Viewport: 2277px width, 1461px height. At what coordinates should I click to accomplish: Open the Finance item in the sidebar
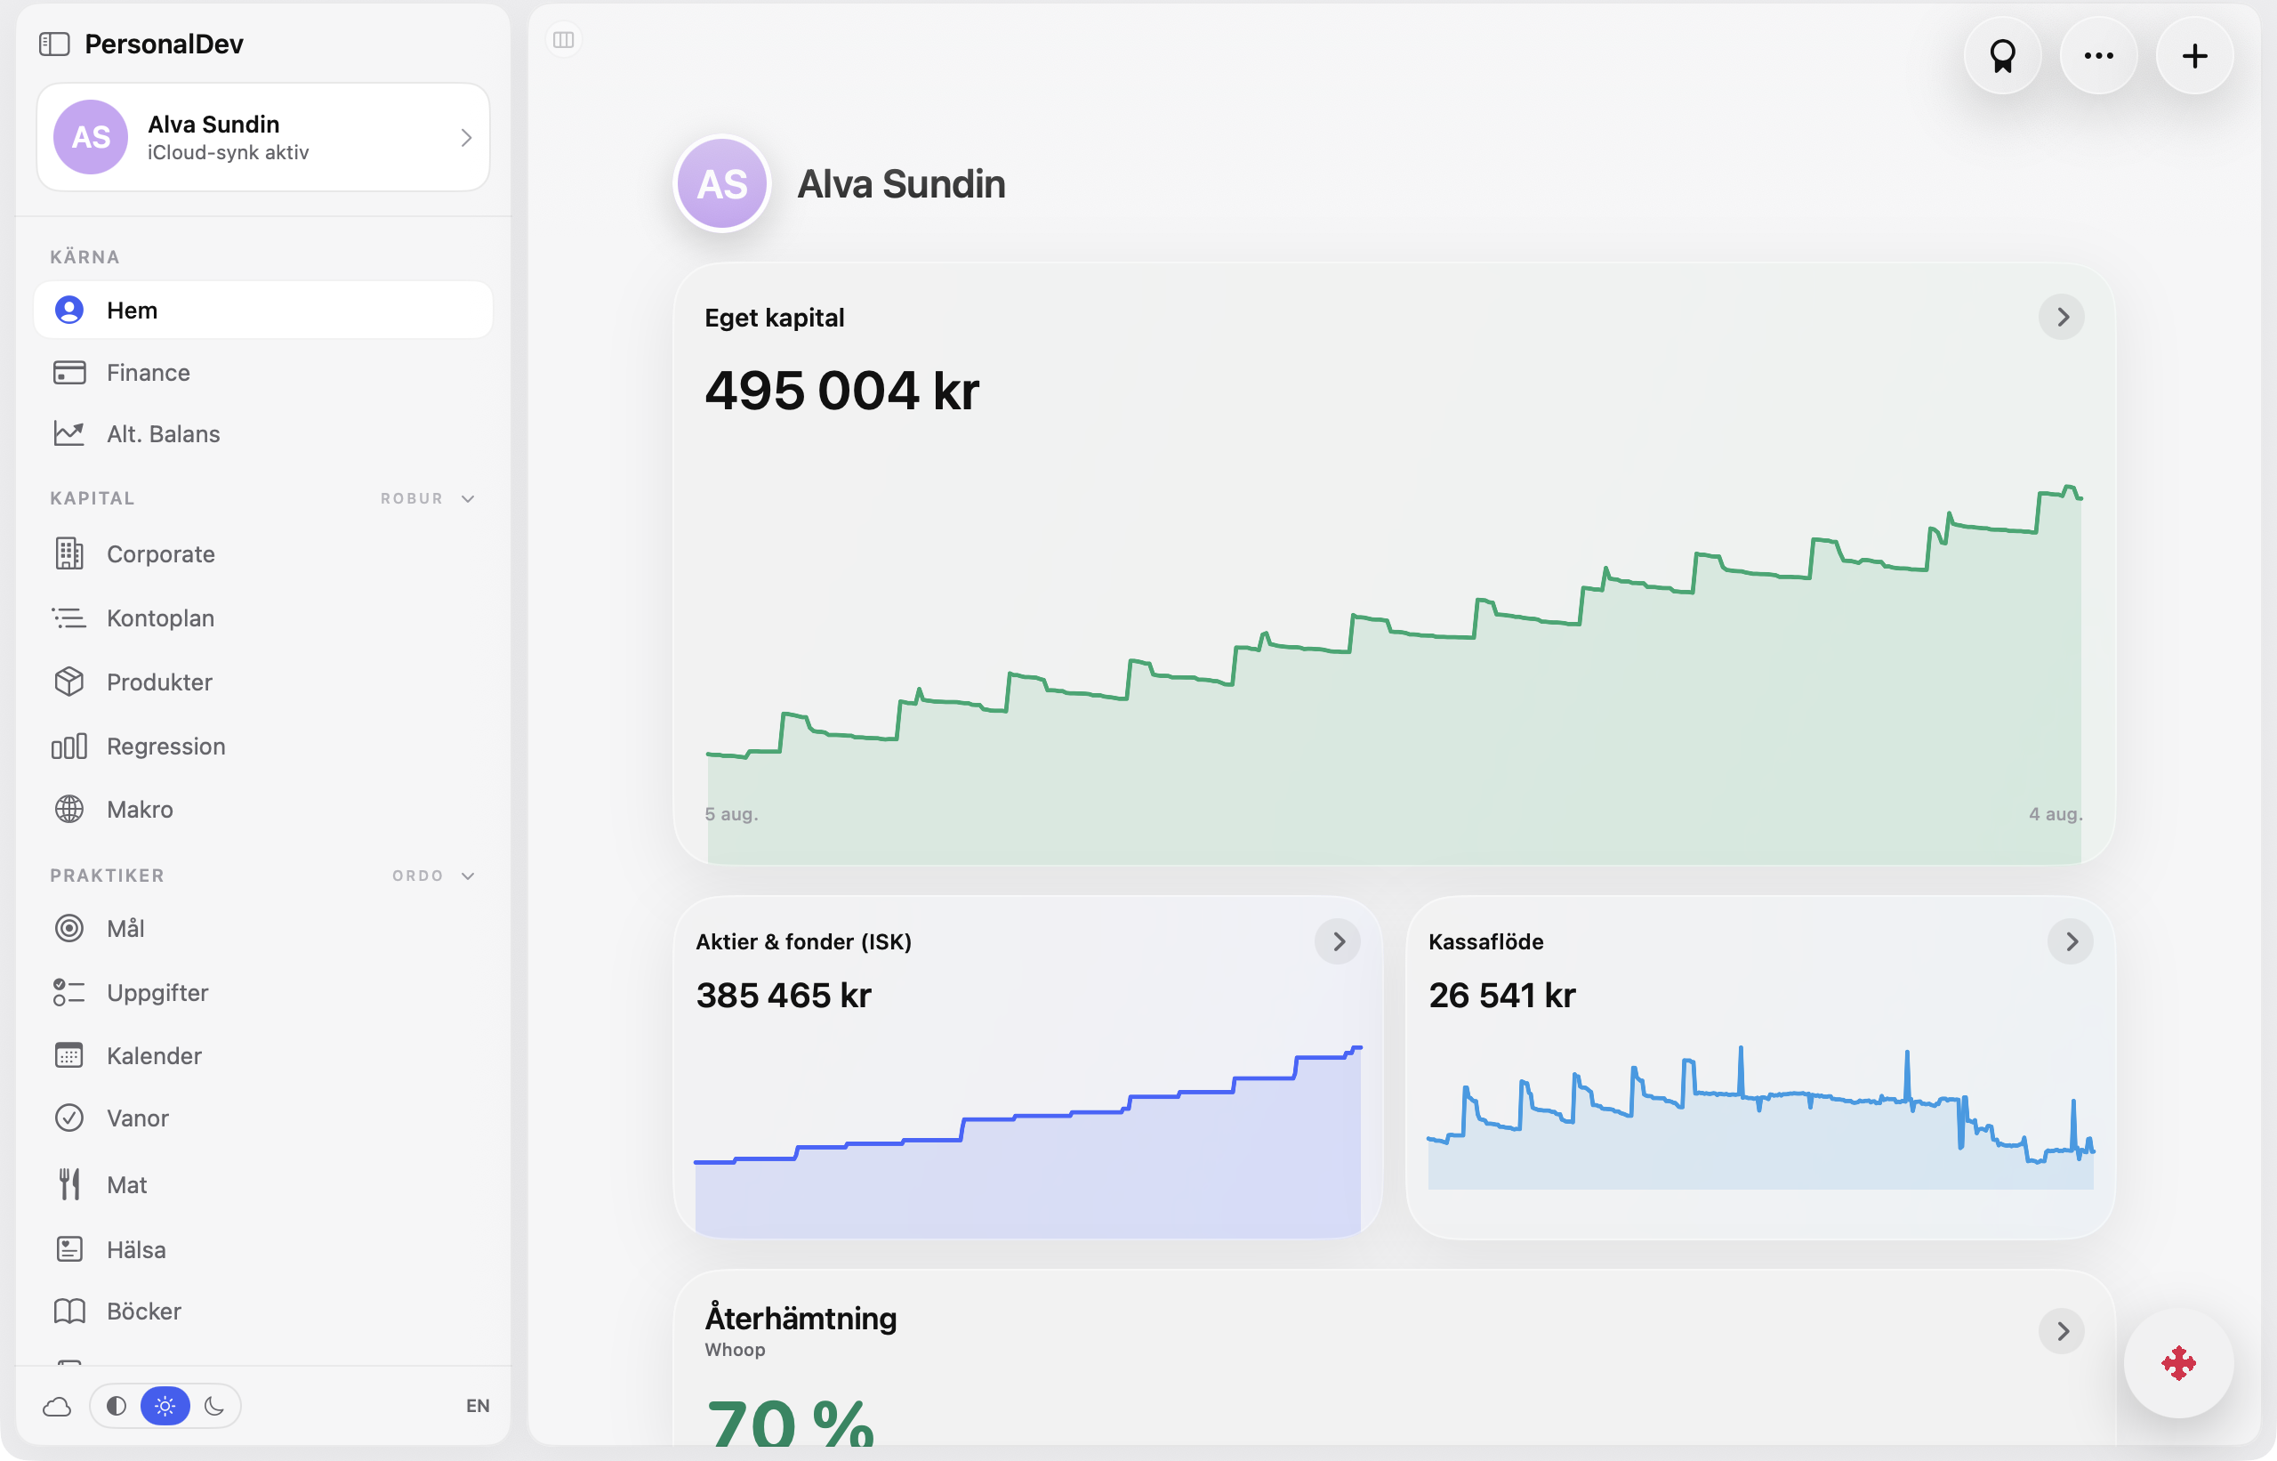[148, 373]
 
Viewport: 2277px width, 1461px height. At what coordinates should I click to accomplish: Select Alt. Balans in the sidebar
[163, 433]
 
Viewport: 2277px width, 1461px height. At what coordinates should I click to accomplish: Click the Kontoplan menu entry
[160, 618]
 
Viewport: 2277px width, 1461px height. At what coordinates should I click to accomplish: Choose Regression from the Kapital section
[166, 747]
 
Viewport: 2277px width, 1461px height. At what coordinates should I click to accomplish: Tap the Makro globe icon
[69, 809]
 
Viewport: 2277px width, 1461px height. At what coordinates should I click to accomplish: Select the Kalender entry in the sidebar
[154, 1056]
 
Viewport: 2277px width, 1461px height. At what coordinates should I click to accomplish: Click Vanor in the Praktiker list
[138, 1118]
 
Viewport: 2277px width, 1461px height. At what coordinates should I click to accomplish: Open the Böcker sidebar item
[143, 1312]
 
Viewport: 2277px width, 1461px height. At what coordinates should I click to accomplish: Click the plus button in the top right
[2194, 56]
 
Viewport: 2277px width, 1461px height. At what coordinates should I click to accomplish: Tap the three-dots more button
[2099, 56]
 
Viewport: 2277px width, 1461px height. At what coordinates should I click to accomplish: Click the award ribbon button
[2003, 56]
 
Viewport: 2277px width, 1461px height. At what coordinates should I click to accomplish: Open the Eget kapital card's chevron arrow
[2062, 317]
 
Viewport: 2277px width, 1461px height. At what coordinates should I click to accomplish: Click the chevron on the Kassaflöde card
[2072, 941]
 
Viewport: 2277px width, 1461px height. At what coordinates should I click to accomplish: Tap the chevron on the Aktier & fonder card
[1338, 941]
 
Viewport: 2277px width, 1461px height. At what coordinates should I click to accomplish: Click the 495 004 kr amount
[841, 391]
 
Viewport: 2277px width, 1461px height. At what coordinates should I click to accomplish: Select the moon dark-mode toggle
[214, 1406]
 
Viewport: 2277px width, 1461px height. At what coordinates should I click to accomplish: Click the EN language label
[478, 1406]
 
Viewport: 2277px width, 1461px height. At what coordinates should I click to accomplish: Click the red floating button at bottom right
[2178, 1363]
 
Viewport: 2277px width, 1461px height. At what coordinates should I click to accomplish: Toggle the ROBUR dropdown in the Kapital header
[428, 499]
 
